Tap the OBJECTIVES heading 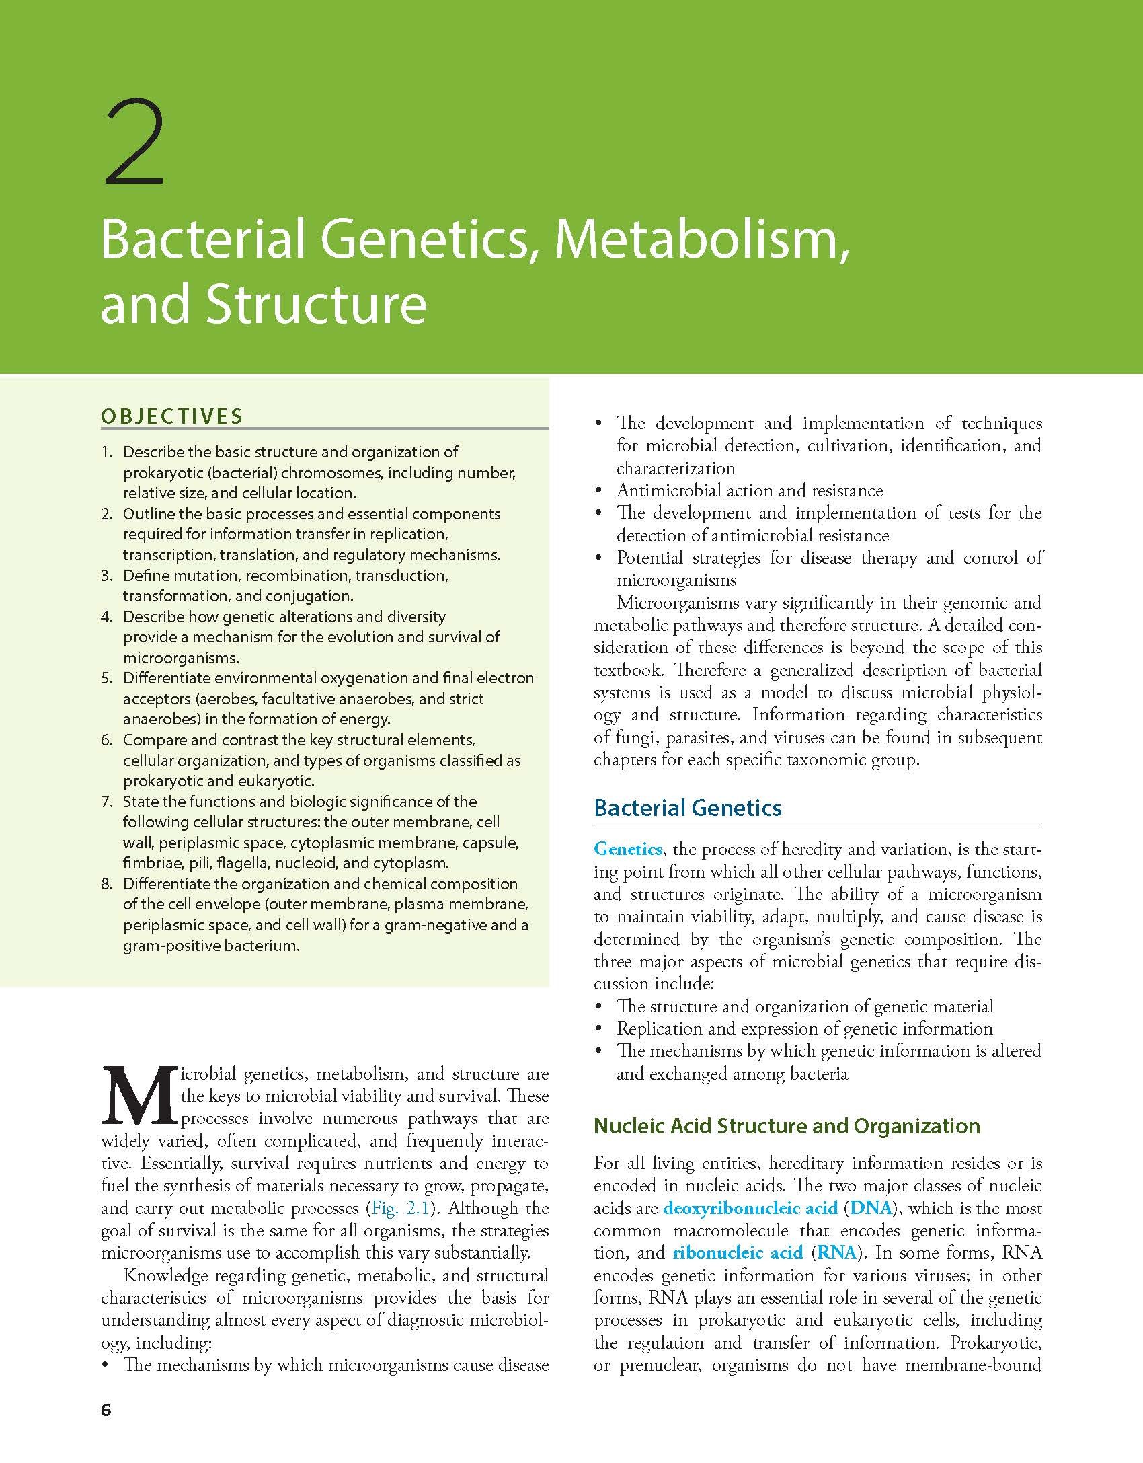pos(171,416)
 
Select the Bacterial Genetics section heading pos(688,807)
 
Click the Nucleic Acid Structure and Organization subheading pos(787,1125)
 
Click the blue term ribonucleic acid pos(738,1252)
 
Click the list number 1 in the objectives pos(108,452)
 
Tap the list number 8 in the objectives pos(108,884)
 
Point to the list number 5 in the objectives pos(108,678)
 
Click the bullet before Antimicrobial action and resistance pos(598,491)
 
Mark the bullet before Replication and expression pos(598,1029)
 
